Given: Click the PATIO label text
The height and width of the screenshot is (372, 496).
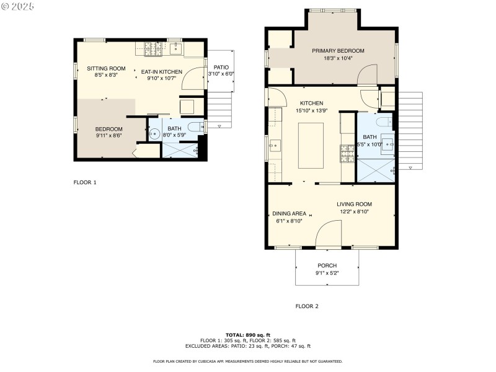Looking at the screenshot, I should tap(221, 68).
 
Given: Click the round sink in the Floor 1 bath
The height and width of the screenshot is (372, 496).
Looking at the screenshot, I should tap(155, 133).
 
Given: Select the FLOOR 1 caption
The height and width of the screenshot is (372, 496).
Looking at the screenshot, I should tap(85, 182).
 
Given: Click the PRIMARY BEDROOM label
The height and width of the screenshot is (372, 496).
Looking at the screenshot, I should tap(338, 51).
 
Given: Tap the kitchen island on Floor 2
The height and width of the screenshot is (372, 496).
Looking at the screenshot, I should tap(311, 145).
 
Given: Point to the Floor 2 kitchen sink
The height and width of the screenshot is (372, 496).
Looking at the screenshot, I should tap(275, 145).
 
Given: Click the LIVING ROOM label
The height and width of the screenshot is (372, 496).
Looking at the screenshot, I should tap(354, 204).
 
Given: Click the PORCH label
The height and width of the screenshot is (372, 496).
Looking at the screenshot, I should tap(326, 265).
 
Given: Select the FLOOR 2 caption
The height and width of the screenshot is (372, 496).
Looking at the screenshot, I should tap(307, 306).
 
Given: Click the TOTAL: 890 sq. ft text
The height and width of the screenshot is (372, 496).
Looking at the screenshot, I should tap(247, 335).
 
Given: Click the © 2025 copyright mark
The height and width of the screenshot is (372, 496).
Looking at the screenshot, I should tap(18, 6).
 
